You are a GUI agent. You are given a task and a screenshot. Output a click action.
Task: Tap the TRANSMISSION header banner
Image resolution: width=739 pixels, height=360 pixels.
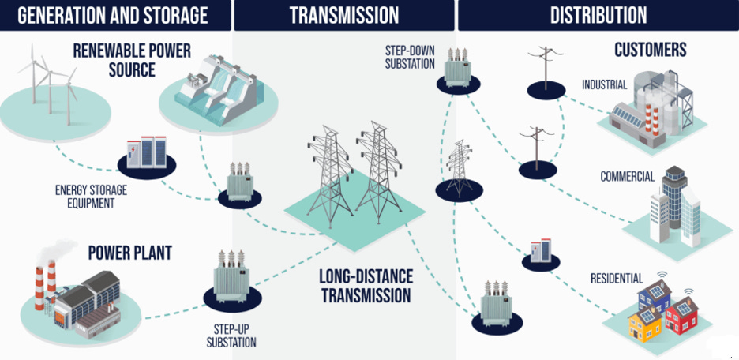tap(343, 14)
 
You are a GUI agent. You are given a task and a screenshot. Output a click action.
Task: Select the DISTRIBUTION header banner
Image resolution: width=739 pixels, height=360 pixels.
tap(598, 14)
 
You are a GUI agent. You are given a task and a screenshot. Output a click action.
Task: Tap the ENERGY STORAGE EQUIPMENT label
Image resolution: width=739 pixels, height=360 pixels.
tap(91, 197)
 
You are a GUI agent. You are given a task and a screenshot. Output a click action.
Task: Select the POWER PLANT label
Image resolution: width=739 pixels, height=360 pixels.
tap(129, 253)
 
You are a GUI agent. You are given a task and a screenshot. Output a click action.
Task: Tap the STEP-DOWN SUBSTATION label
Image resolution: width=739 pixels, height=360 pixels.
tap(410, 57)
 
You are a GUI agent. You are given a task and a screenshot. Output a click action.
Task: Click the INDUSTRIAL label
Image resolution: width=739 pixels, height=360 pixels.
tap(604, 84)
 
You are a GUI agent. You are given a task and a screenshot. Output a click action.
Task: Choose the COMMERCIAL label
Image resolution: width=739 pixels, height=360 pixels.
tap(627, 176)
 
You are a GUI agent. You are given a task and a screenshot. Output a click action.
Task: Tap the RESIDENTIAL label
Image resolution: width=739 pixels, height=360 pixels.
tap(617, 278)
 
